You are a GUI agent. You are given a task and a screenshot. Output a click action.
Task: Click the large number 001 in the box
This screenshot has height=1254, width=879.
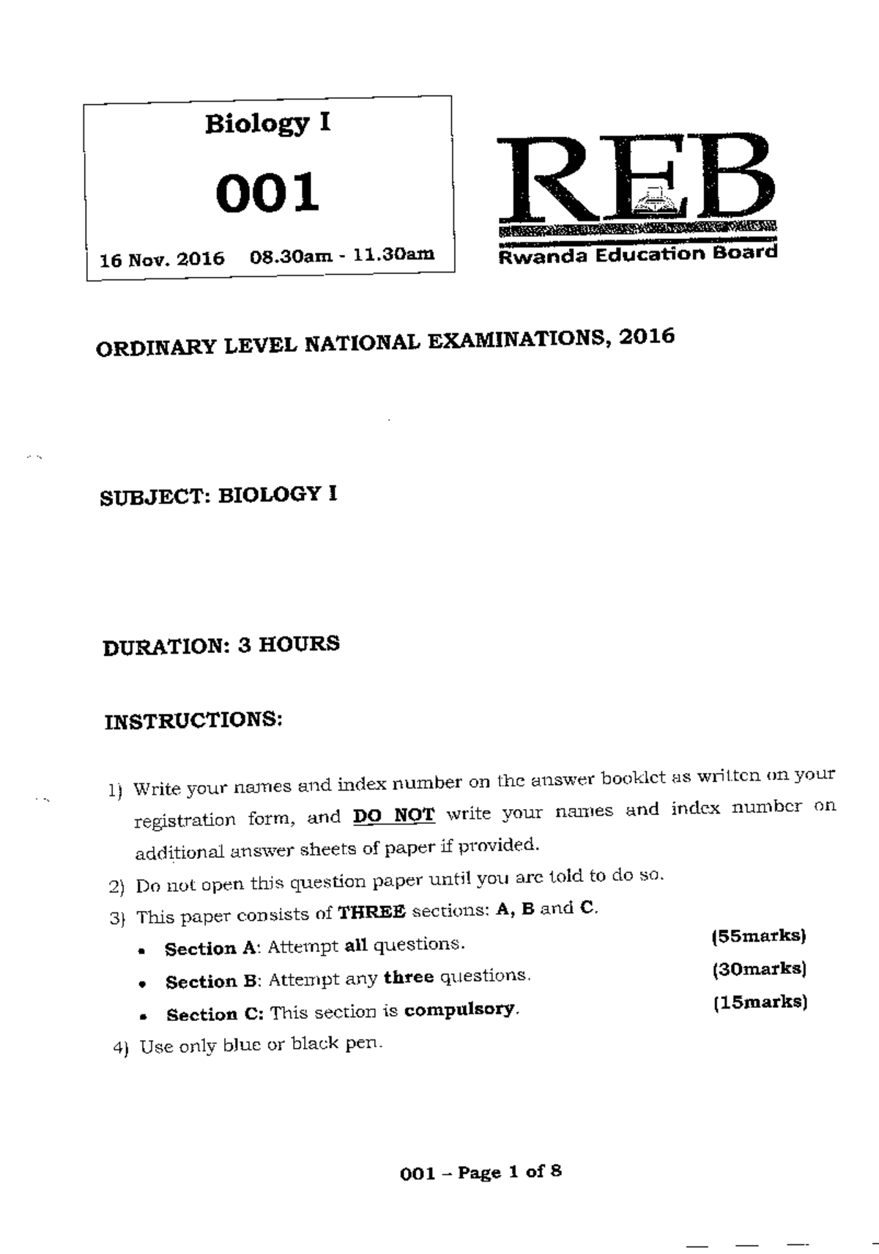[x=267, y=193]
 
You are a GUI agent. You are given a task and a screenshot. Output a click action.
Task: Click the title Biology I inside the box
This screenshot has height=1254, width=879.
[x=267, y=123]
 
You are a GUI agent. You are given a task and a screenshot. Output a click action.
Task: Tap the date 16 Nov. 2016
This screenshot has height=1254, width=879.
[x=162, y=259]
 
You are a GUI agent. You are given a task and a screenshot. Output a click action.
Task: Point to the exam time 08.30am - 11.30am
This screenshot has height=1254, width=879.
[x=341, y=255]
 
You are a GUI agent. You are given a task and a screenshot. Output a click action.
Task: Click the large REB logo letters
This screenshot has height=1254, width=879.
[x=636, y=180]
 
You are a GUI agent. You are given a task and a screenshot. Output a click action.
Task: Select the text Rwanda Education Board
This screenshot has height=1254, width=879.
[x=637, y=254]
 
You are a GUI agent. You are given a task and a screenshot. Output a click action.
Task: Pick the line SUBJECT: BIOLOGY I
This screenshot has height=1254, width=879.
[x=218, y=496]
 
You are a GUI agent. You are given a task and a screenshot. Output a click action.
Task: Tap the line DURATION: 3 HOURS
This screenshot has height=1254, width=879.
[x=220, y=646]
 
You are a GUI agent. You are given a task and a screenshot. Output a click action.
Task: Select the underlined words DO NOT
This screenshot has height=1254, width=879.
[x=393, y=814]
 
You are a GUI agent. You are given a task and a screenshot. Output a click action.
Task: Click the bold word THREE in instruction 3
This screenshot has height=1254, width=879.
[x=371, y=912]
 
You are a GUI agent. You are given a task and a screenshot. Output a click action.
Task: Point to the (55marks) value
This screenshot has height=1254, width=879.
[x=758, y=936]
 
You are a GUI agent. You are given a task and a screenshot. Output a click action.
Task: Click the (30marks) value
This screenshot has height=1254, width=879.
[x=759, y=969]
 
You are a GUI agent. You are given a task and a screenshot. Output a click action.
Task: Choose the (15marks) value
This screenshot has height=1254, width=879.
[x=760, y=1002]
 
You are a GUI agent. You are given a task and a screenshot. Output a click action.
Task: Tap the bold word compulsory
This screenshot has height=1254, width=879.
[x=461, y=1010]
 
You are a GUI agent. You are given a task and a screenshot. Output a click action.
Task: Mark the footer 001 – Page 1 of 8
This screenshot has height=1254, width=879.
[x=481, y=1172]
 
